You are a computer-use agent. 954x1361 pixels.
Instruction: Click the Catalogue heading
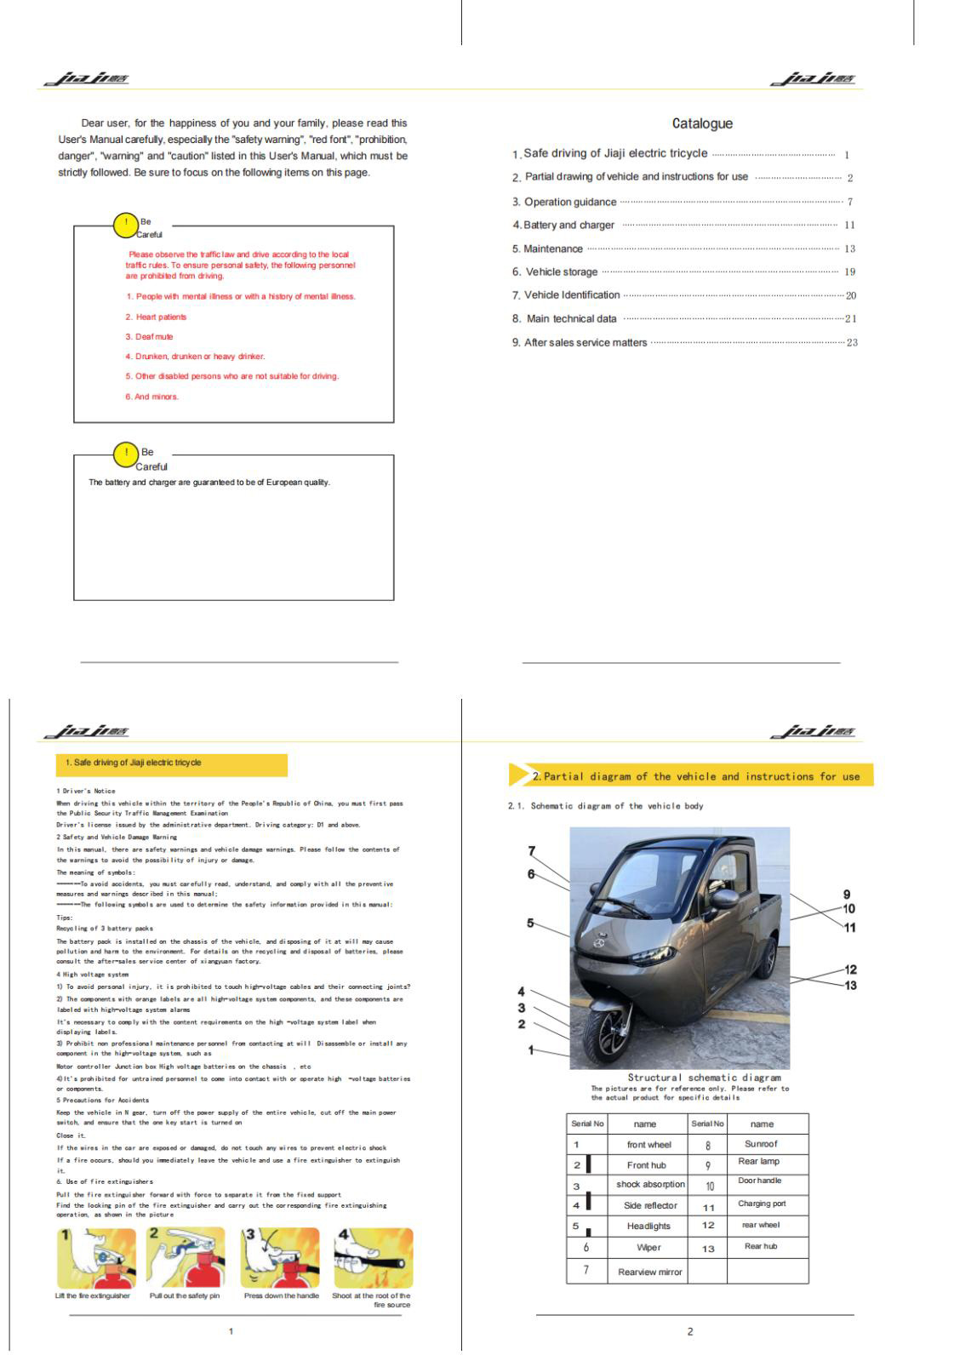701,123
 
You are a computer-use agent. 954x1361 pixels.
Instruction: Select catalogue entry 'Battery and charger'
568,225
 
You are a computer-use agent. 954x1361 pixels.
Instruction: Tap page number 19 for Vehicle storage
849,272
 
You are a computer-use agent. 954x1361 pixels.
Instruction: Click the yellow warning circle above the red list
126,225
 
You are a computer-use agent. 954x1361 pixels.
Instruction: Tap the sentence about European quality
209,483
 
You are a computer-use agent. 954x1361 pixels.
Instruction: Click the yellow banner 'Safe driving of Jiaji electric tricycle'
170,763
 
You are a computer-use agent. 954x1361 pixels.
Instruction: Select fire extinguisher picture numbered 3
280,1257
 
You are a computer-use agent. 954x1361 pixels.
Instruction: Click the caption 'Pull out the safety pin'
185,1295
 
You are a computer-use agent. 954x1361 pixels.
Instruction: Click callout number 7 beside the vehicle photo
532,851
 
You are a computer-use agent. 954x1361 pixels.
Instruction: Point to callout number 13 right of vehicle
850,986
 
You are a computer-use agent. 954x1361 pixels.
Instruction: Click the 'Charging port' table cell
762,1204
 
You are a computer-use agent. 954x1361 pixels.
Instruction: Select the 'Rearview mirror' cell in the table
650,1272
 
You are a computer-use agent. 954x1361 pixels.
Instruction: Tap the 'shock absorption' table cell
650,1184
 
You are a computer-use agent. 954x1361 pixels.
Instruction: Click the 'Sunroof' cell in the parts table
761,1144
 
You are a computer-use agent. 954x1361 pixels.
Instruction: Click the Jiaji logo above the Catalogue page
813,79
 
